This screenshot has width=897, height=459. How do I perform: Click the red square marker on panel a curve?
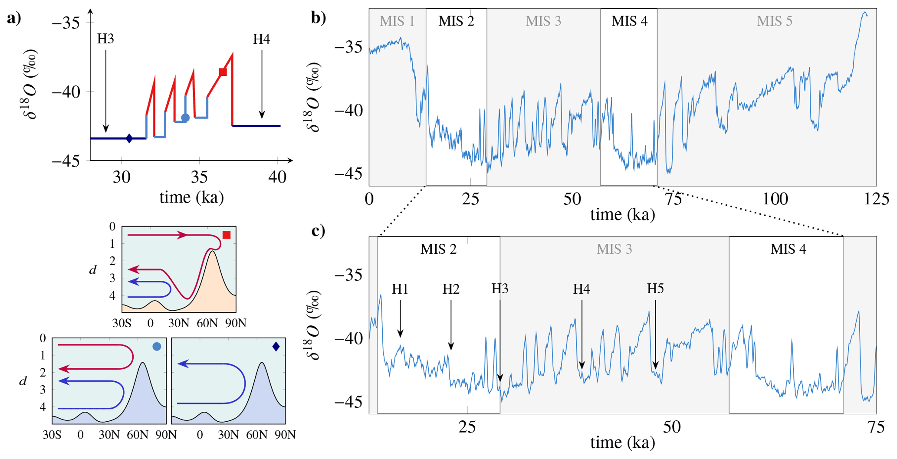point(223,72)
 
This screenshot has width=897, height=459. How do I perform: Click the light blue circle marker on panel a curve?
point(185,118)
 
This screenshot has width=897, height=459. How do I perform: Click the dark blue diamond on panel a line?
point(129,138)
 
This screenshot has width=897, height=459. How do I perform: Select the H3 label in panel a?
point(105,39)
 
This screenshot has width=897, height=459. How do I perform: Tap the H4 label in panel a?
point(262,39)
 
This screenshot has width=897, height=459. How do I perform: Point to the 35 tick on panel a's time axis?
point(199,177)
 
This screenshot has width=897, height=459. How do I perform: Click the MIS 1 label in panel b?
point(397,21)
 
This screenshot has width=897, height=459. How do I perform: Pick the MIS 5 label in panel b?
point(774,21)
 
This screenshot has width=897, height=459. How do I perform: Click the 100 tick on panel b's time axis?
point(775,199)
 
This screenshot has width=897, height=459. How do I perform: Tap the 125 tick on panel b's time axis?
point(876,199)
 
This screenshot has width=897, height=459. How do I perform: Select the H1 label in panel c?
point(400,289)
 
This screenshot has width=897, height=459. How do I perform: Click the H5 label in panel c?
point(655,289)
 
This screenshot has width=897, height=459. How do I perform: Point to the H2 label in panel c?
point(451,289)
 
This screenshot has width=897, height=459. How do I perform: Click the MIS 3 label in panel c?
point(614,249)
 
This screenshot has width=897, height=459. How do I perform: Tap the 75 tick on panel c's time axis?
point(876,427)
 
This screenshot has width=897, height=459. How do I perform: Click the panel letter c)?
point(318,231)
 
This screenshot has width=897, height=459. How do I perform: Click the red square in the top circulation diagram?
point(227,235)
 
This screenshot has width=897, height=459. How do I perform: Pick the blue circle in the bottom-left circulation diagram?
point(157,346)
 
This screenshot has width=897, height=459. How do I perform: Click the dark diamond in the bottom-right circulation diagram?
point(276,346)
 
